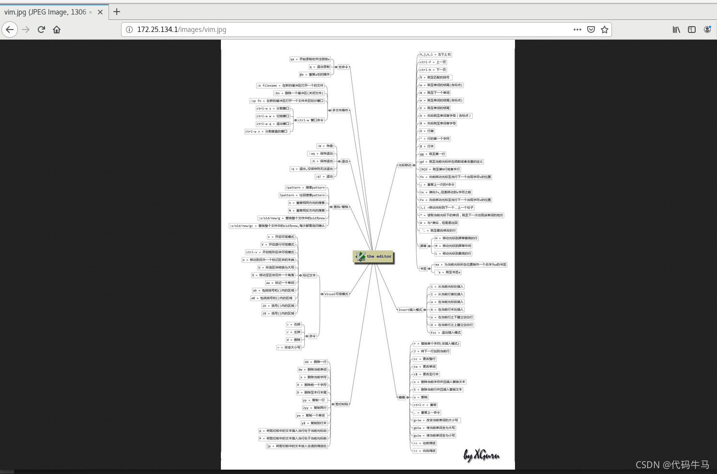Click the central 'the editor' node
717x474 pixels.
373,257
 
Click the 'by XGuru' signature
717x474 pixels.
481,455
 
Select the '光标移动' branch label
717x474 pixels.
405,165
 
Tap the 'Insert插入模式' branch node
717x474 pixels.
410,310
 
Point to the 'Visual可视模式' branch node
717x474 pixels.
336,294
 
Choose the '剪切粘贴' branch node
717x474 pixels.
342,404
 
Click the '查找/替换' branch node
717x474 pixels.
341,207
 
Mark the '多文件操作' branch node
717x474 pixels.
340,110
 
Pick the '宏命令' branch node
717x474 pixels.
343,67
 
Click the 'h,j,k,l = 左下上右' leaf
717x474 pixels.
435,55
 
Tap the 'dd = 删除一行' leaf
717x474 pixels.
315,362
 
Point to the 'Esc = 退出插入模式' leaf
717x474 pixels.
446,333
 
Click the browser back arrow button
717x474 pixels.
10,30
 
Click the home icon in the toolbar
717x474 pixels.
57,30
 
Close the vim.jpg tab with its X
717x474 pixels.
100,12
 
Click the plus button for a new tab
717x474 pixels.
117,12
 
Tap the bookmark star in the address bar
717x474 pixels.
605,30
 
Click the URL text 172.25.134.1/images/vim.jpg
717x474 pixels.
182,30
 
